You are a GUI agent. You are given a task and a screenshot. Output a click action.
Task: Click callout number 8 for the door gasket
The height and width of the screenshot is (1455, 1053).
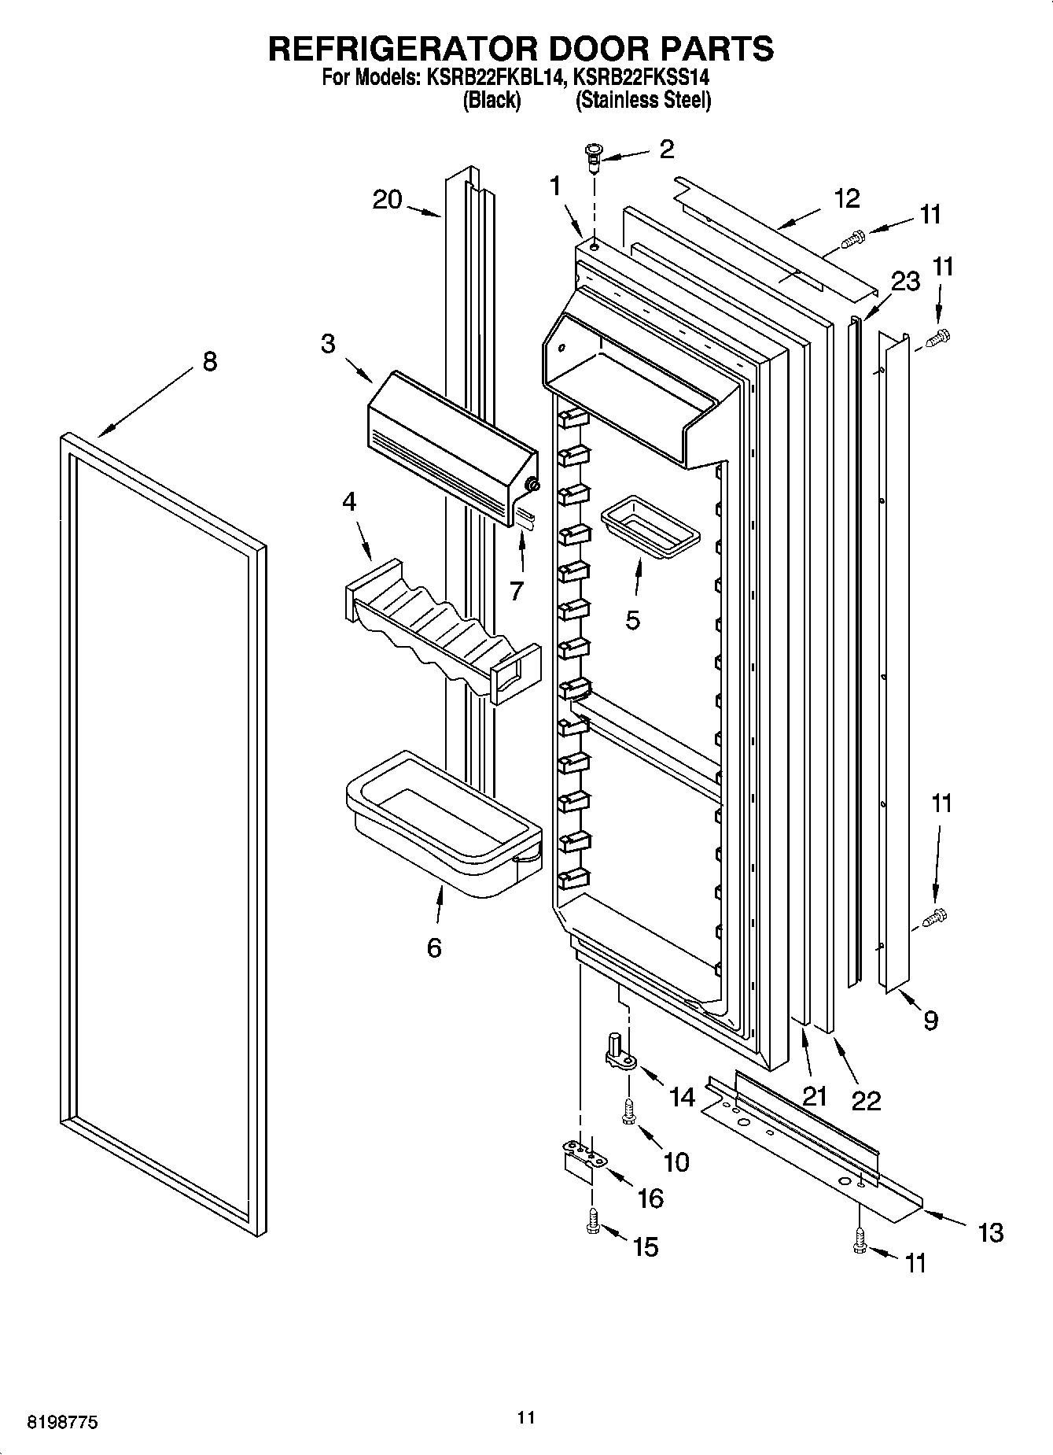(208, 363)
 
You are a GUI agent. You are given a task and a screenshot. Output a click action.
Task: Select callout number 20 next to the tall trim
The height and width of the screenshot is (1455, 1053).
(387, 200)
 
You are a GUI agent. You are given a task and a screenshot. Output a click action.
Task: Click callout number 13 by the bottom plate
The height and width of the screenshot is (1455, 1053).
(991, 1232)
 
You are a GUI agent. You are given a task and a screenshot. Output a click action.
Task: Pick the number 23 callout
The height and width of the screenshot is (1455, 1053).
(906, 281)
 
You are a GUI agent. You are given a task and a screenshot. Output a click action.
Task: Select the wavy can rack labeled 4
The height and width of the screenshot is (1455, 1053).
(440, 630)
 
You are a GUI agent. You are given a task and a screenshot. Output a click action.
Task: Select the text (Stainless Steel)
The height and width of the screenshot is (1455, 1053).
(643, 101)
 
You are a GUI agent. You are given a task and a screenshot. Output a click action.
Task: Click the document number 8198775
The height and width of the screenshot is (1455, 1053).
(63, 1423)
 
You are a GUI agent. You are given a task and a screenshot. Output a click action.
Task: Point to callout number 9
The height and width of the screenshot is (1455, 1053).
(930, 1021)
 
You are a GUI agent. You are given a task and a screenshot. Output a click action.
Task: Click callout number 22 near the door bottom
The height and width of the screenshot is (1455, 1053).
(866, 1100)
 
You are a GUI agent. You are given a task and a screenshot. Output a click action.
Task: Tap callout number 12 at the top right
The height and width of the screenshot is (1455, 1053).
(847, 199)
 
